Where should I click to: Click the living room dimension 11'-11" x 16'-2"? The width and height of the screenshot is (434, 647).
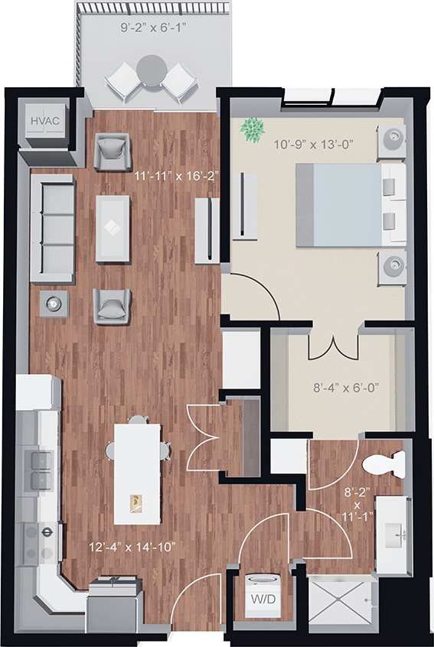click(177, 175)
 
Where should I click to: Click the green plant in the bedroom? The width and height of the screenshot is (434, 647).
click(251, 129)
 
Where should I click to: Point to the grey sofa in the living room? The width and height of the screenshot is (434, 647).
click(52, 227)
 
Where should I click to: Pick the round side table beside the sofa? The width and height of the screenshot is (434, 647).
click(54, 303)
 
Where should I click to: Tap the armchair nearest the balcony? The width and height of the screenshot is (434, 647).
click(113, 151)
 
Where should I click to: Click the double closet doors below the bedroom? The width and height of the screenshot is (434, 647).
click(333, 346)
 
